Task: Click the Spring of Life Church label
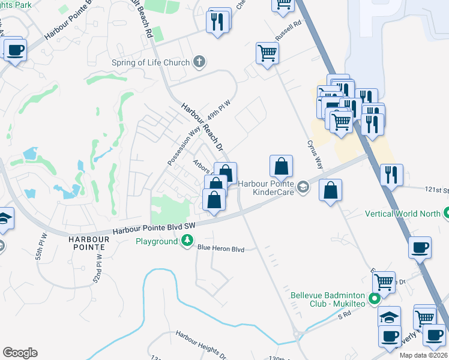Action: [150, 62]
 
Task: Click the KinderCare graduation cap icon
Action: [304, 188]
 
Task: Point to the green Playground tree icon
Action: [188, 241]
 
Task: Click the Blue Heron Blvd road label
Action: [221, 248]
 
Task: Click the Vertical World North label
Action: [403, 214]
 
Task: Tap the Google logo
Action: [20, 352]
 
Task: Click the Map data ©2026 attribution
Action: [422, 355]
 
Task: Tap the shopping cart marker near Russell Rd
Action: [267, 52]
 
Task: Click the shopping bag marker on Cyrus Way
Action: [330, 191]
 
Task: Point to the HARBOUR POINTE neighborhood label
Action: [88, 244]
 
